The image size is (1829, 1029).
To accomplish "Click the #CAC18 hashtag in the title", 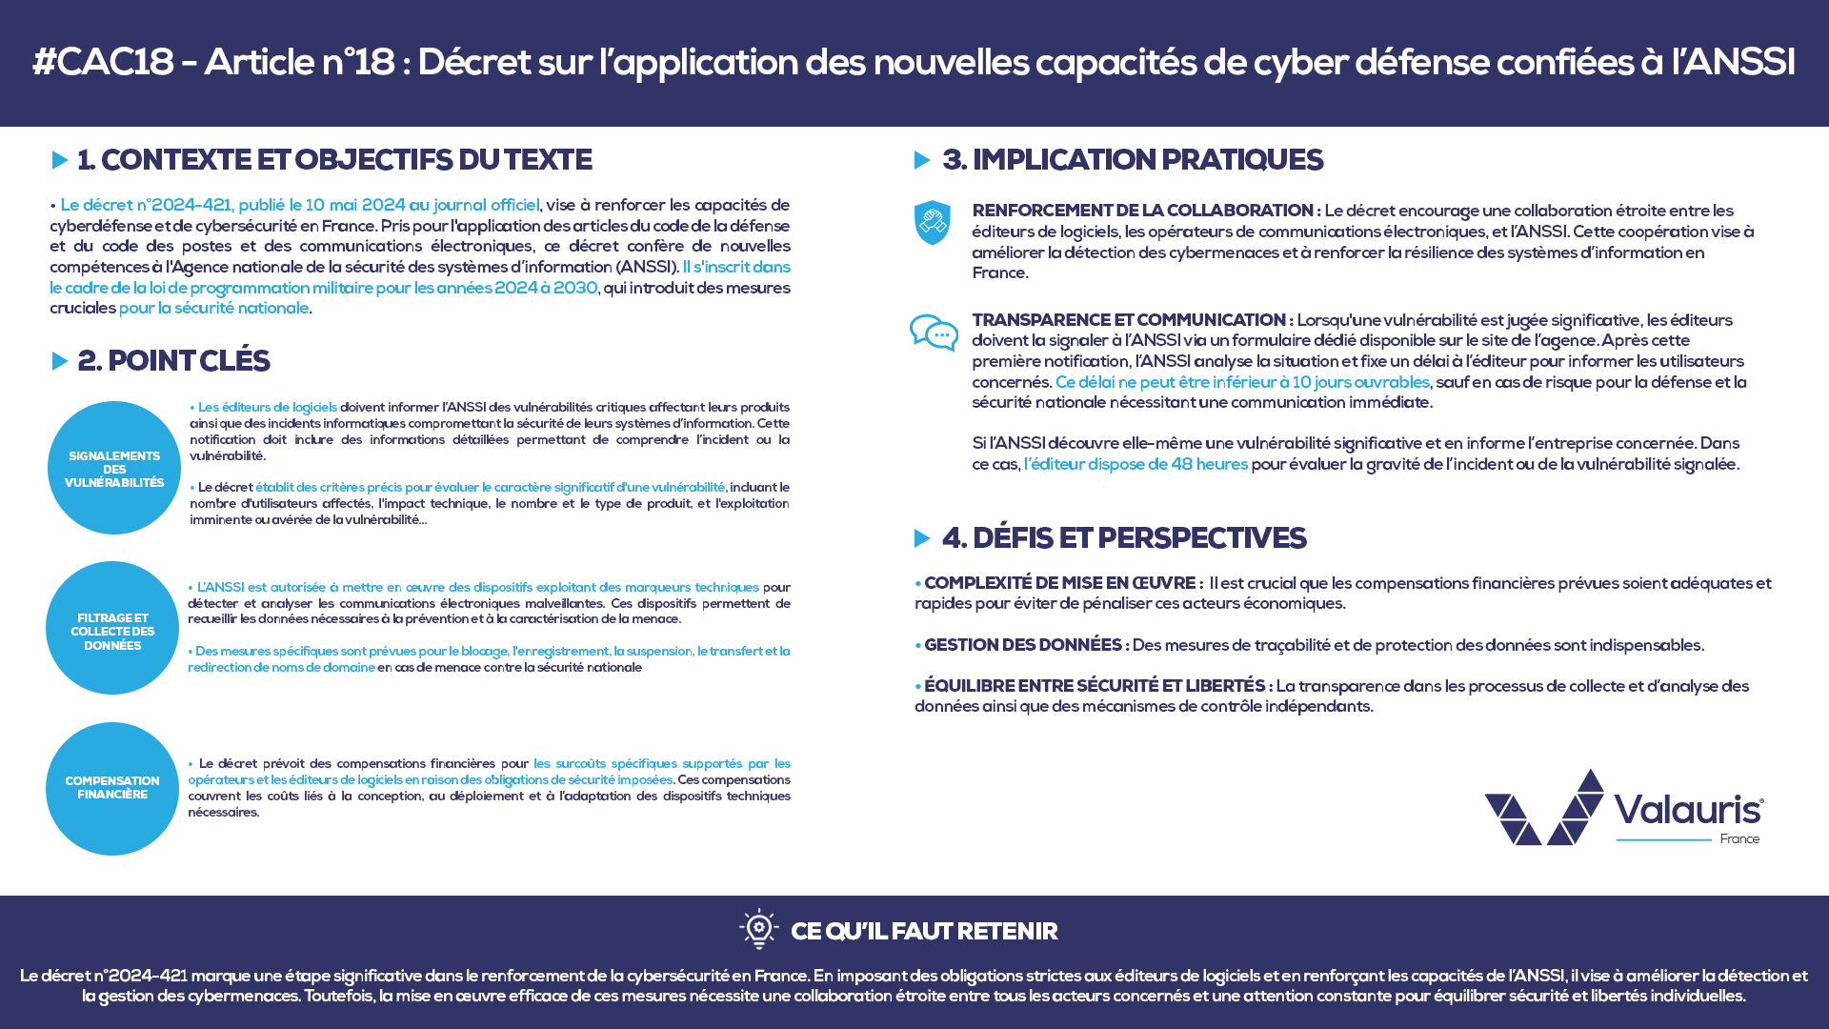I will coord(103,63).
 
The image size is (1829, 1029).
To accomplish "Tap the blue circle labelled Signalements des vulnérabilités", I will coord(113,468).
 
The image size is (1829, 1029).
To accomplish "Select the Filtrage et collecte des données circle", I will coord(112,629).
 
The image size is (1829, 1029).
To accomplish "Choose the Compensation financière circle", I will coord(112,788).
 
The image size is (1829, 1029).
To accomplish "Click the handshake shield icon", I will coord(932,223).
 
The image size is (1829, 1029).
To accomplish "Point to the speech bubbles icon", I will coord(934,333).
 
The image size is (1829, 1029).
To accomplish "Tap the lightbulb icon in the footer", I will coord(758,929).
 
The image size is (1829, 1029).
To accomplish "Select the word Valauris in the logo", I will coord(1688,809).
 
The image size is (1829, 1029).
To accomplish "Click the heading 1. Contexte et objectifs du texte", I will coord(334,160).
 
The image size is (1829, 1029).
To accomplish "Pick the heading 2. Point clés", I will coord(173,361).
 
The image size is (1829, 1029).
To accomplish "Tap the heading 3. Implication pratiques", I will coord(1132,160).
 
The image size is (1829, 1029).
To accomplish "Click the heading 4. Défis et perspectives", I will coord(1123,538).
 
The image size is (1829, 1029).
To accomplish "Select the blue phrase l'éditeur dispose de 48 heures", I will coord(1136,464).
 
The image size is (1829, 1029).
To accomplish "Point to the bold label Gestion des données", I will coord(1025,645).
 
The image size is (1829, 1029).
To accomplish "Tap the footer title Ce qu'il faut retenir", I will coord(923,931).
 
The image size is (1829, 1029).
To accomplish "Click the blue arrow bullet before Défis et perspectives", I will coord(921,538).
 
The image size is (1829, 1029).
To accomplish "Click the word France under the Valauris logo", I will coord(1739,839).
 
